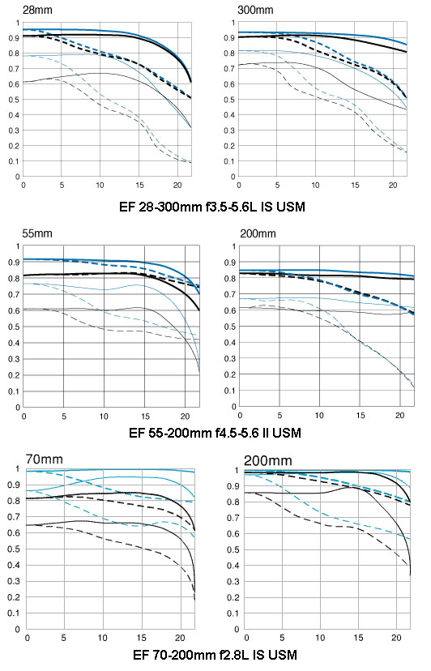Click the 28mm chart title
point(37,10)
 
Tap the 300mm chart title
point(255,10)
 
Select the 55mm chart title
point(37,233)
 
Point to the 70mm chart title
point(44,459)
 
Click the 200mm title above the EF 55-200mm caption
point(258,233)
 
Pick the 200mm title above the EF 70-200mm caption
point(268,461)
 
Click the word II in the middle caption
point(266,433)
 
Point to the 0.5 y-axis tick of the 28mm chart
point(15,100)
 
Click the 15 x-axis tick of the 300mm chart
point(355,186)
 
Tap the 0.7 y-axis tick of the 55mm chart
point(15,294)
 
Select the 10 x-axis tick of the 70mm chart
point(103,638)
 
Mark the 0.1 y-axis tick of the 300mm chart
point(230,161)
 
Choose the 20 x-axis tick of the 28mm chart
point(177,186)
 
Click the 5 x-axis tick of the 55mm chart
point(64,417)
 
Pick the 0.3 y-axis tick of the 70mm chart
point(15,581)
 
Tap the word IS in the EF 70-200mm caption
point(258,655)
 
